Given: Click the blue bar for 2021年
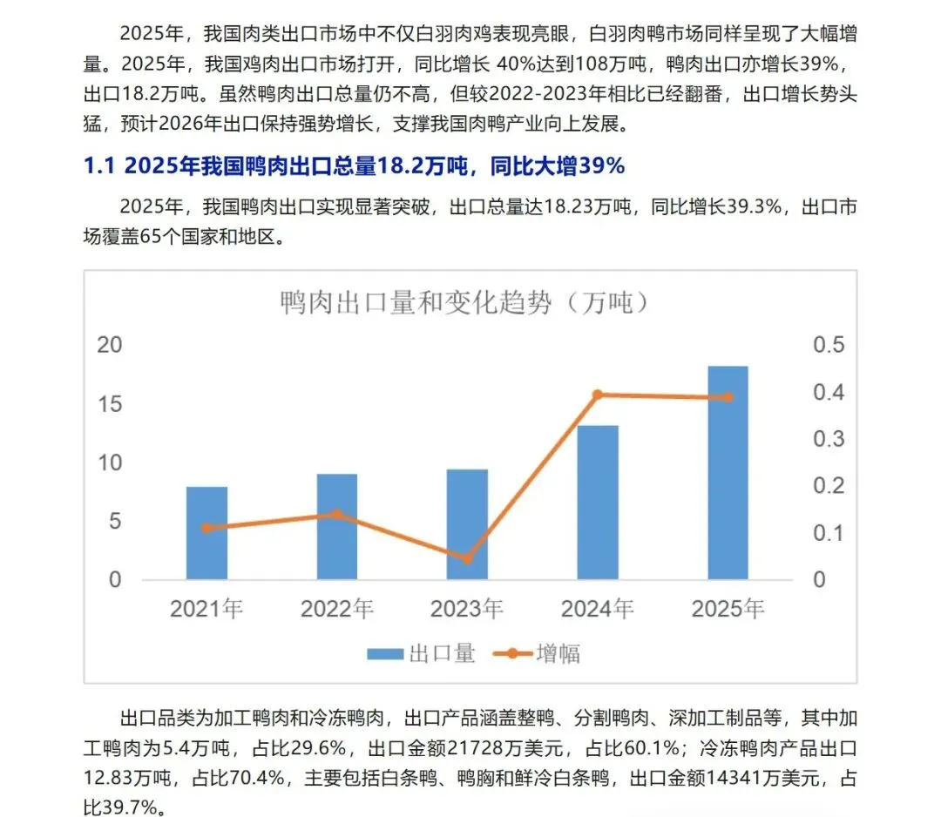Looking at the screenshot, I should click(x=206, y=533).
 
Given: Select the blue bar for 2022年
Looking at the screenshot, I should click(x=337, y=527).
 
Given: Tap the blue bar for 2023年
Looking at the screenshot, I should click(x=467, y=524).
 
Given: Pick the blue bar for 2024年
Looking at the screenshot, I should click(x=598, y=503).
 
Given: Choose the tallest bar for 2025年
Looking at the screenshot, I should click(x=728, y=473).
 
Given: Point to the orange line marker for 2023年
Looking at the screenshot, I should click(x=467, y=558).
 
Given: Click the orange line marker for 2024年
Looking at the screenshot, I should click(x=598, y=395).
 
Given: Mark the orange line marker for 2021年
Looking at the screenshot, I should click(x=206, y=528).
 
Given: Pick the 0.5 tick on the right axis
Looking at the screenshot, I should click(x=829, y=345).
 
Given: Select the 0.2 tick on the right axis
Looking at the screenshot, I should click(x=829, y=486).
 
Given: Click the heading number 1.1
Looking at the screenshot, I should click(x=101, y=166).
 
